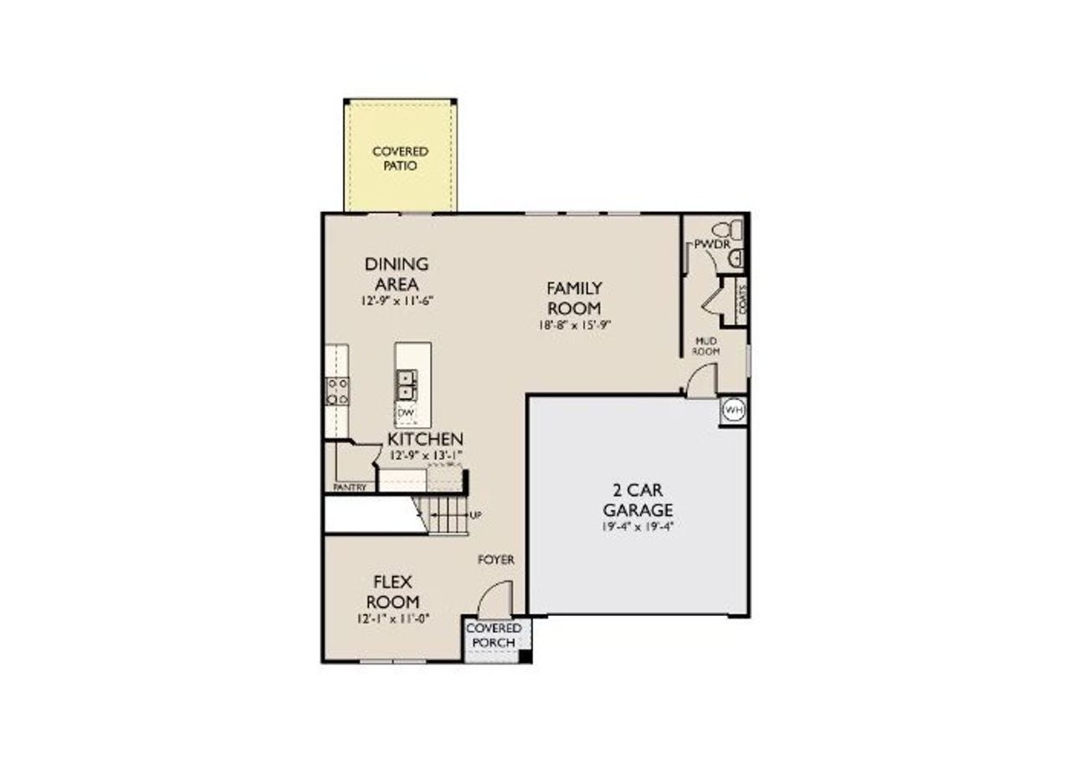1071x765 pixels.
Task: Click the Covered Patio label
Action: click(x=400, y=158)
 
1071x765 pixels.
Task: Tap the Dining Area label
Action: click(x=397, y=273)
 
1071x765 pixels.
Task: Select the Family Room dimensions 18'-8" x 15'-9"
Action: click(x=575, y=326)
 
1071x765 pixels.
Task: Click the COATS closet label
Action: click(x=742, y=297)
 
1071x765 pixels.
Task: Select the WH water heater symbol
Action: click(x=733, y=411)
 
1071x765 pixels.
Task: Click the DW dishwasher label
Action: click(x=406, y=413)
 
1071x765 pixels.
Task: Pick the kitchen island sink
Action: click(x=407, y=385)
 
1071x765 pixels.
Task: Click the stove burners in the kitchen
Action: click(x=337, y=391)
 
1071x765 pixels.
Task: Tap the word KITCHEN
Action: click(x=425, y=439)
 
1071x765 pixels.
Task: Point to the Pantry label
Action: click(x=349, y=486)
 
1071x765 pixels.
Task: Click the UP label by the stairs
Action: click(x=475, y=515)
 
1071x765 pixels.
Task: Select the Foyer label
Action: click(x=495, y=559)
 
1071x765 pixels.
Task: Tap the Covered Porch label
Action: click(x=494, y=635)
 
